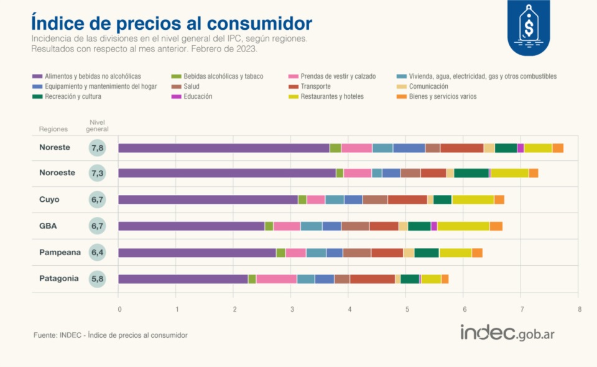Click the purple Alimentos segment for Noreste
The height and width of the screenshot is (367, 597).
click(x=224, y=148)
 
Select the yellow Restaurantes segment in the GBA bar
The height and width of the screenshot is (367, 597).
click(x=463, y=226)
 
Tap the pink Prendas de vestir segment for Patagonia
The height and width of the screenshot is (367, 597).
click(x=276, y=279)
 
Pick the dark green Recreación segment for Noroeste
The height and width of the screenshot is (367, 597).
click(x=471, y=173)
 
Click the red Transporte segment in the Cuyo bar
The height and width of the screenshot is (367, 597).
click(x=407, y=200)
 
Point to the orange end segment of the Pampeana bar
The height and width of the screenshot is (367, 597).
click(x=477, y=253)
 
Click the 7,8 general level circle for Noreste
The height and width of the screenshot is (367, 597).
click(x=97, y=148)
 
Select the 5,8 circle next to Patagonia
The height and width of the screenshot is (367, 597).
click(x=97, y=279)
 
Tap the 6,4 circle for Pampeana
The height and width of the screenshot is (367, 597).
click(x=97, y=253)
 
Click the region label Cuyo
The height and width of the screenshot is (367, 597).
click(x=49, y=199)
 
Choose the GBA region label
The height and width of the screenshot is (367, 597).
click(x=48, y=226)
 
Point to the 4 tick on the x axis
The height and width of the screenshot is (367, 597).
click(x=349, y=309)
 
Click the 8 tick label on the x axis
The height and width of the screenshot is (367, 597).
click(x=580, y=309)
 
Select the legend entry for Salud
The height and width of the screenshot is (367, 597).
click(x=185, y=86)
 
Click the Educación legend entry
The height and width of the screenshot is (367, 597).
click(x=192, y=97)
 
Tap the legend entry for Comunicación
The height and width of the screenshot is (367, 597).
click(x=422, y=86)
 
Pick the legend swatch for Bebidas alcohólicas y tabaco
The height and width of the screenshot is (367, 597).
click(x=176, y=76)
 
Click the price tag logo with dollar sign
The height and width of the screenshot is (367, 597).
click(x=529, y=27)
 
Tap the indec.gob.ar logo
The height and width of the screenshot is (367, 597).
click(x=507, y=333)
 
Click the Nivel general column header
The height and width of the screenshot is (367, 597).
click(x=97, y=125)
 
